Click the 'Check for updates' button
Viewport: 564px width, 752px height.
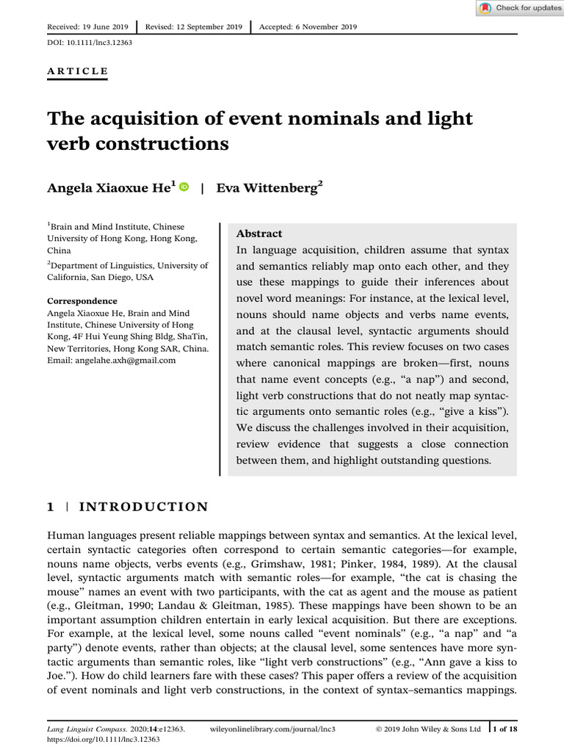(520, 8)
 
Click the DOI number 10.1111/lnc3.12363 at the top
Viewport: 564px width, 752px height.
(101, 43)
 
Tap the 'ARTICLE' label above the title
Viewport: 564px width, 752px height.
(77, 71)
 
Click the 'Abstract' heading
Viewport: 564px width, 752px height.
(258, 233)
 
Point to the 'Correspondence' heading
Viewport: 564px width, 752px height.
(82, 301)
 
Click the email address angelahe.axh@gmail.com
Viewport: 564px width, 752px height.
(112, 361)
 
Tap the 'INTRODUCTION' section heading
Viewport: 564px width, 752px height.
(143, 507)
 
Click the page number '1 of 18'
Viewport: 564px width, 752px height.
(505, 728)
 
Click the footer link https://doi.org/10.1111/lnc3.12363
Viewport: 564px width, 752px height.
(103, 740)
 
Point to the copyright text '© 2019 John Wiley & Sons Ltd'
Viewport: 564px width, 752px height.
(428, 729)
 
